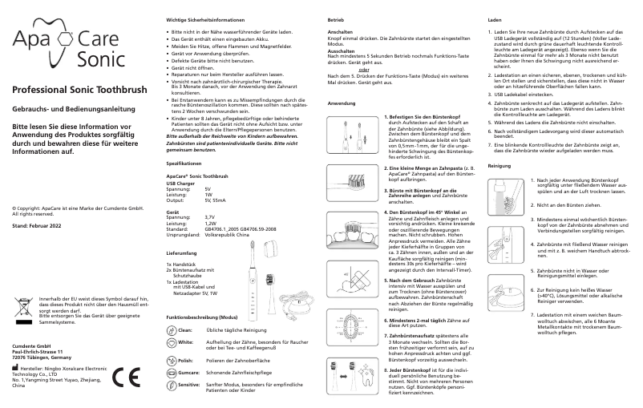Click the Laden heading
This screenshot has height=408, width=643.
495,18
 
